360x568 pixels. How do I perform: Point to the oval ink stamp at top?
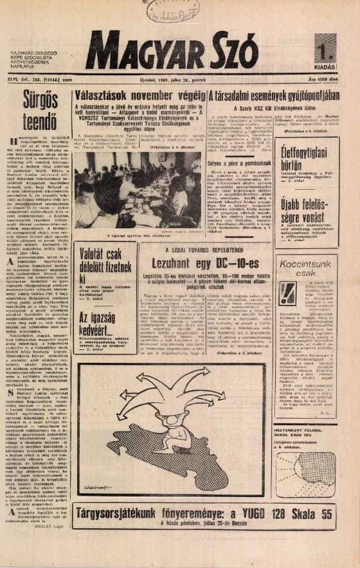click(172, 9)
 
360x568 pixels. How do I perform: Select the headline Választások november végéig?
click(138, 96)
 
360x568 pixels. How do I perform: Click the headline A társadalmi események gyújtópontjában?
click(274, 96)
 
